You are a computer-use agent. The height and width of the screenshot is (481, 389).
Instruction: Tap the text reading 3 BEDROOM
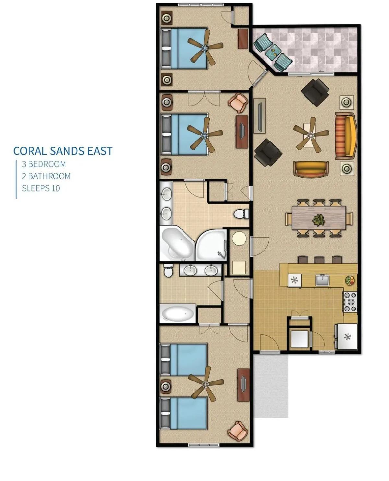coord(44,164)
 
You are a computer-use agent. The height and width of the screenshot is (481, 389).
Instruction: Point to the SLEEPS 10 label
coord(41,188)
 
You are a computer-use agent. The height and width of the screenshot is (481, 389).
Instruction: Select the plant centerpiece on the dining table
coord(319,220)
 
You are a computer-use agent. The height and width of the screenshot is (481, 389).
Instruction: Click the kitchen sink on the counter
coord(322,280)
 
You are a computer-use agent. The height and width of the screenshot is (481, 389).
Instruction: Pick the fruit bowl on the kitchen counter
coord(350,280)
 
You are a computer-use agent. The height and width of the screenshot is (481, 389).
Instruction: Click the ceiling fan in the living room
coord(311,135)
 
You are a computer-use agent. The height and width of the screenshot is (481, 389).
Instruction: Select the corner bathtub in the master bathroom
coord(177,244)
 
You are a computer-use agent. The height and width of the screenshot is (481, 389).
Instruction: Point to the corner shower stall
coord(211,245)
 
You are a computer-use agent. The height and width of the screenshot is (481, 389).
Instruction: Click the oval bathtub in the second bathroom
coord(178,314)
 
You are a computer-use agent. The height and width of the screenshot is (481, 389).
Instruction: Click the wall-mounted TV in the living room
coord(260,115)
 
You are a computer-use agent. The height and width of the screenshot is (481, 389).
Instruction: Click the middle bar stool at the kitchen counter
coord(319,260)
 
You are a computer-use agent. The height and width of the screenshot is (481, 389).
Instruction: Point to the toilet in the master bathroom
coord(241,214)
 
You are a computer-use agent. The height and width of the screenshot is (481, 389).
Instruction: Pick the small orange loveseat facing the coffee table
coord(311,169)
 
